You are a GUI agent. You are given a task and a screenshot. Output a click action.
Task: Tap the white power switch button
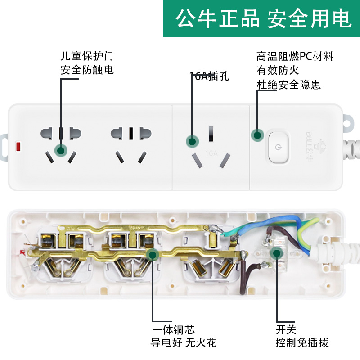coord(279,147)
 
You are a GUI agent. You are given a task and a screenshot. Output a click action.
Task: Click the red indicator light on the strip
coord(19,147)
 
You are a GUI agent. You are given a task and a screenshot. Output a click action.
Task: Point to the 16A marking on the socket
coord(211,153)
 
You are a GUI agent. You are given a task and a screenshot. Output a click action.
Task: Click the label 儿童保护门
coord(87,57)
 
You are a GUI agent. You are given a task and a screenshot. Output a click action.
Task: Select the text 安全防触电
coord(87,70)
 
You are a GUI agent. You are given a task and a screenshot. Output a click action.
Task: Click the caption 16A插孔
coord(209,76)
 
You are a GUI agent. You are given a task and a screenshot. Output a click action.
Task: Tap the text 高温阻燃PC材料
coord(295,57)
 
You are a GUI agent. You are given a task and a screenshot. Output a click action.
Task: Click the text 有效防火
coord(278,70)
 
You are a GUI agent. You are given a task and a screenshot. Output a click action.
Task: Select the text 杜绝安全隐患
coord(288,84)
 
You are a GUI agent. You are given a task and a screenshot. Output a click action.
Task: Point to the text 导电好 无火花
coord(184,343)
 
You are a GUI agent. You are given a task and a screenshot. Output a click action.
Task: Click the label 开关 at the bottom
coord(286,330)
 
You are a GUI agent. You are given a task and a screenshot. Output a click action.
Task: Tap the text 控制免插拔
coord(302,343)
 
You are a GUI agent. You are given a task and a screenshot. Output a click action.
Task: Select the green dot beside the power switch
coord(257,135)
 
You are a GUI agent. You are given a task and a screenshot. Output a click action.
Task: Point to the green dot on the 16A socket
coord(193,141)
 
